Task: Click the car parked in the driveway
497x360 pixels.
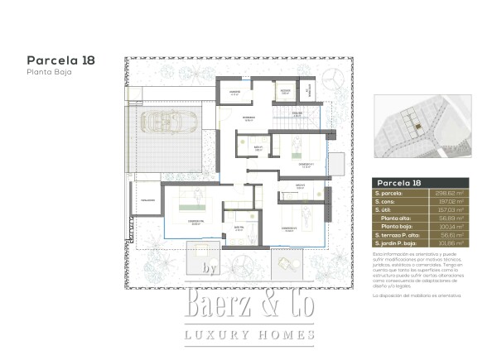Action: (x=168, y=123)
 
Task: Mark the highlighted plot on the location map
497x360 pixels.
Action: (x=419, y=126)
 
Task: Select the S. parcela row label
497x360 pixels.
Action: (x=389, y=192)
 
